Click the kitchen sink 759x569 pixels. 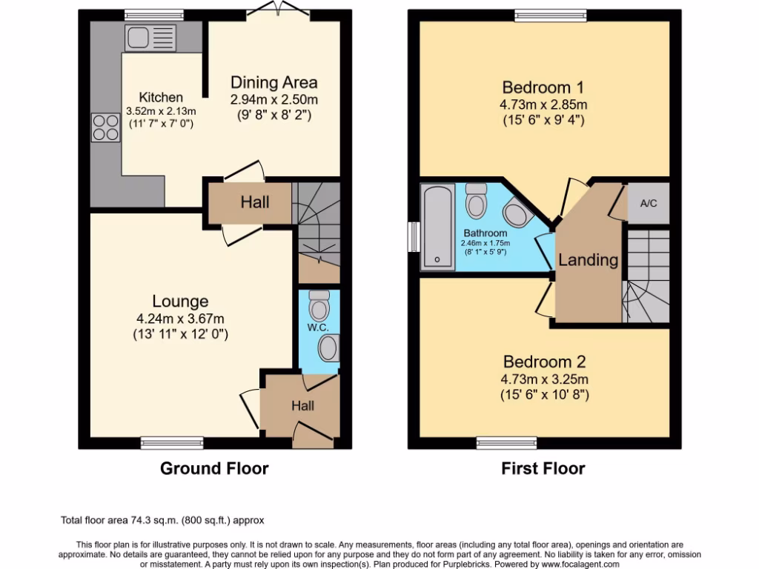(150, 37)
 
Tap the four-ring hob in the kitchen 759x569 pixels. (106, 127)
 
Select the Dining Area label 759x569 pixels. (274, 82)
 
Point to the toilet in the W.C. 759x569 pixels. (319, 305)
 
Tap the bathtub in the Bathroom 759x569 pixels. (437, 227)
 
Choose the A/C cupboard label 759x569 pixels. (648, 202)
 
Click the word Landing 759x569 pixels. (588, 260)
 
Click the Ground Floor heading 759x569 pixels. (214, 468)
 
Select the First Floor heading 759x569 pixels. (543, 468)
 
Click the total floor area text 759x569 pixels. (162, 520)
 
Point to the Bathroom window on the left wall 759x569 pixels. (413, 237)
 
